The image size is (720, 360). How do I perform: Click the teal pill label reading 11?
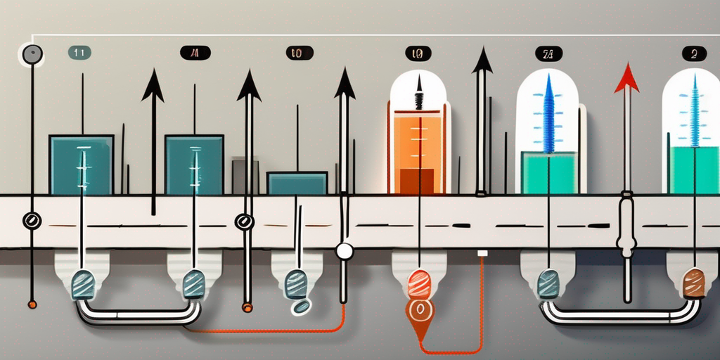pyautogui.click(x=78, y=52)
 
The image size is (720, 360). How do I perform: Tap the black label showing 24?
pyautogui.click(x=548, y=53)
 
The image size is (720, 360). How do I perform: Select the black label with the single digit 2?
pyautogui.click(x=694, y=53)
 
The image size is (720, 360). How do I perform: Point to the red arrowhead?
pyautogui.click(x=626, y=80)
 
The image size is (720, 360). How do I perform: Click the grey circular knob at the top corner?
pyautogui.click(x=32, y=54)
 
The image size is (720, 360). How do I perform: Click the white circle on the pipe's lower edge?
pyautogui.click(x=344, y=251)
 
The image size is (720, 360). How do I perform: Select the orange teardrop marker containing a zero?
pyautogui.click(x=420, y=309)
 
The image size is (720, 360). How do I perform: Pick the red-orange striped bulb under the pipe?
pyautogui.click(x=419, y=285)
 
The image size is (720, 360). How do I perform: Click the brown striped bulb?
pyautogui.click(x=693, y=283)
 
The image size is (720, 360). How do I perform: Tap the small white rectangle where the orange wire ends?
pyautogui.click(x=482, y=252)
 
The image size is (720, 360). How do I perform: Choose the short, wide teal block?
pyautogui.click(x=297, y=183)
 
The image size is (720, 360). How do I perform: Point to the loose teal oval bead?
pyautogui.click(x=302, y=307)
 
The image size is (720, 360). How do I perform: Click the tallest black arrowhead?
pyautogui.click(x=482, y=61)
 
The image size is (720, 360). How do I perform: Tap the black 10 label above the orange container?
pyautogui.click(x=418, y=53)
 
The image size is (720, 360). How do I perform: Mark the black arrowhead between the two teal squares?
pyautogui.click(x=153, y=87)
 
